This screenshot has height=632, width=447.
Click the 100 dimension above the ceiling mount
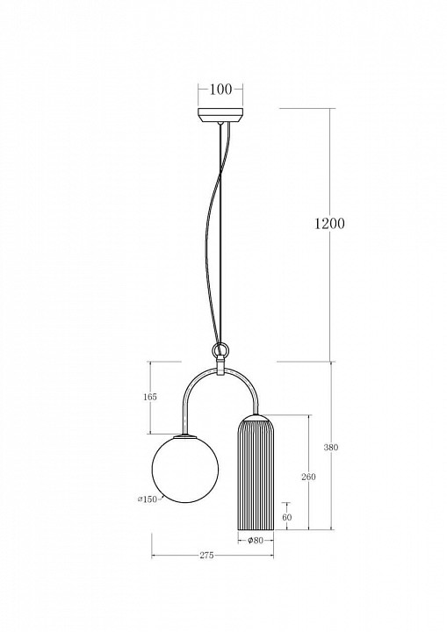220,90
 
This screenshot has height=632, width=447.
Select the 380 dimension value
330,448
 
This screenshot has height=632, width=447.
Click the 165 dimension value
149,397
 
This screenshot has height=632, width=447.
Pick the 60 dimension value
286,517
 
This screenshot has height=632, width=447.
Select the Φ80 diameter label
256,540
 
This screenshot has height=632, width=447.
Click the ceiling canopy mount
220,115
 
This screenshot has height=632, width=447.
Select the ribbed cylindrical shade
255,478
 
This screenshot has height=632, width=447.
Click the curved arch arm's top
220,370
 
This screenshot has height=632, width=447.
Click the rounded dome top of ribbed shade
255,418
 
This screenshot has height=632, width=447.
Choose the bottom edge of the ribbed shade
255,529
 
